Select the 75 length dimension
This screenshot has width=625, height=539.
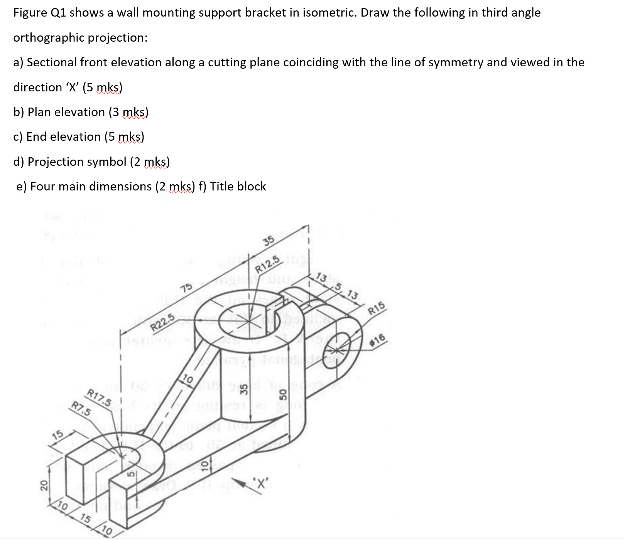point(186,288)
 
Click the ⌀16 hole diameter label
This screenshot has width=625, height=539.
point(378,340)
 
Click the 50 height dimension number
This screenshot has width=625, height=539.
point(283,394)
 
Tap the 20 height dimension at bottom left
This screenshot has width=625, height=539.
point(44,484)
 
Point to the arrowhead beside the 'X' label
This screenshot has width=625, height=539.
point(243,482)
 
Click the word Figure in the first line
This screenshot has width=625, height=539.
point(30,12)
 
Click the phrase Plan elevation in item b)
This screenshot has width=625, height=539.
point(66,112)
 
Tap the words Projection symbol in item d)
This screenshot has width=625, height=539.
point(77,162)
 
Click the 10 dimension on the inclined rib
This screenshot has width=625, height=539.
point(188,379)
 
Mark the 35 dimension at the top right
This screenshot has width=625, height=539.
point(269,241)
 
